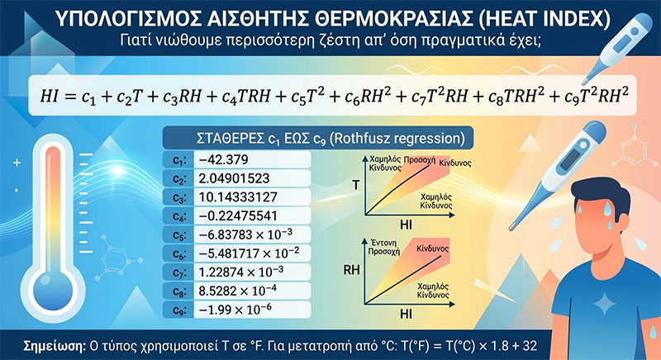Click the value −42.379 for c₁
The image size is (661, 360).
click(223, 159)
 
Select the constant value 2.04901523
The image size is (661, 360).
click(234, 178)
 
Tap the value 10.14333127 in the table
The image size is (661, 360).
click(238, 197)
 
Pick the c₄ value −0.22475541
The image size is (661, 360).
click(238, 216)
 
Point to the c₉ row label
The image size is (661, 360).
click(178, 310)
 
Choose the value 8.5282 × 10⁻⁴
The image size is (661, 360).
click(238, 291)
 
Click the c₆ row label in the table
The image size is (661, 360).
click(178, 253)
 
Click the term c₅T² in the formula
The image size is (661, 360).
click(307, 97)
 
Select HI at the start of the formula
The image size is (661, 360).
click(49, 97)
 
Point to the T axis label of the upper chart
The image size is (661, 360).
click(356, 185)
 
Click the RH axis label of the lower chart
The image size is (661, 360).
click(351, 270)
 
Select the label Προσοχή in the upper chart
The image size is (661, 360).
click(420, 160)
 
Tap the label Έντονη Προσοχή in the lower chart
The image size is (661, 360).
click(383, 248)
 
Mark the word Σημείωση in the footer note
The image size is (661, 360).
click(55, 346)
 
